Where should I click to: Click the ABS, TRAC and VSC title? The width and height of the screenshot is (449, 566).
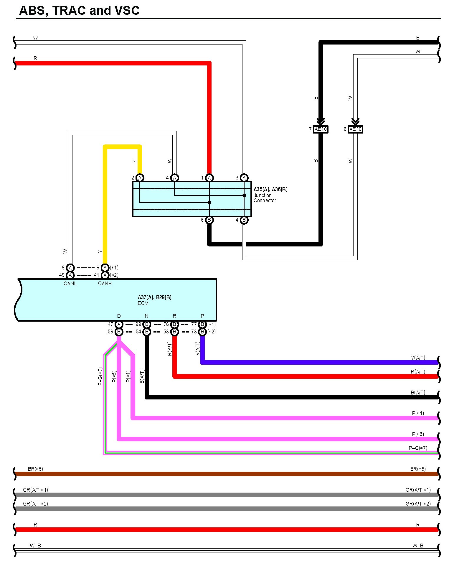(x=79, y=11)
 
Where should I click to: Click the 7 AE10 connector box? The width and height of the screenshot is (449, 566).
(x=321, y=129)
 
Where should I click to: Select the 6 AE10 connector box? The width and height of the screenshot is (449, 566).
(x=355, y=129)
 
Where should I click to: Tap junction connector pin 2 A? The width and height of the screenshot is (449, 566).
(x=140, y=178)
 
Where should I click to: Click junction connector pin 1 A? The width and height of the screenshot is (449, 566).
(x=209, y=178)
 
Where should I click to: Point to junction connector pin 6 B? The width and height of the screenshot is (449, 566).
(x=209, y=220)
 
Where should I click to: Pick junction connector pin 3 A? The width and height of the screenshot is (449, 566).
(x=244, y=178)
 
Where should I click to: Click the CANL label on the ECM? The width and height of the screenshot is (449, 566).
(x=70, y=284)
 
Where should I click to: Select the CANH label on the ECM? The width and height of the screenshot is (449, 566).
(x=105, y=284)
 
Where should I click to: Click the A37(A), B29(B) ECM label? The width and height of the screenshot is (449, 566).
(x=155, y=297)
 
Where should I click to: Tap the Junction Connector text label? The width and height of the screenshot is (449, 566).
(x=265, y=198)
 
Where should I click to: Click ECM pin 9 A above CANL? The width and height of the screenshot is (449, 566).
(x=70, y=268)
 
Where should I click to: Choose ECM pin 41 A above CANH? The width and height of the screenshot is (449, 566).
(x=105, y=275)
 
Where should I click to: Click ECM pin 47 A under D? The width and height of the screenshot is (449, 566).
(x=119, y=324)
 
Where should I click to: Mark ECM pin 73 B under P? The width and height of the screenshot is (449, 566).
(x=202, y=332)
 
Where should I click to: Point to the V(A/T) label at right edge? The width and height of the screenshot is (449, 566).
(x=418, y=358)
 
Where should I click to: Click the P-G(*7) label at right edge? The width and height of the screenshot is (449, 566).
(x=418, y=448)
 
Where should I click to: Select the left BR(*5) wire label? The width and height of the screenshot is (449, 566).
(x=35, y=469)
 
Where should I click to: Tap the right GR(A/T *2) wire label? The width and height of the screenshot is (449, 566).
(x=418, y=504)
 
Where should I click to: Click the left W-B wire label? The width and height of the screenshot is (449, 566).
(x=35, y=545)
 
